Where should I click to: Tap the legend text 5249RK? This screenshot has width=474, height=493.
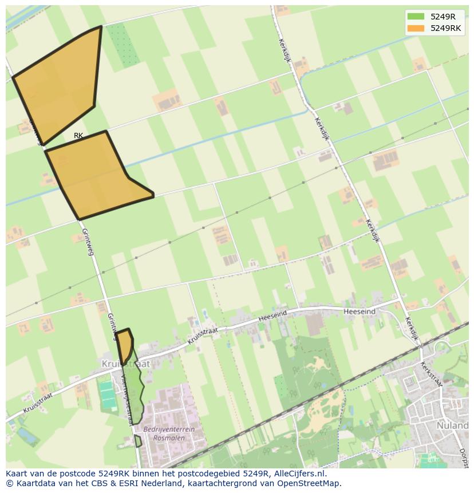[446, 28]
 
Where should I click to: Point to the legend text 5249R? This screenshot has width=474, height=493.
[443, 17]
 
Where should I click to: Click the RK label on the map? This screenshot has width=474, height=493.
[78, 136]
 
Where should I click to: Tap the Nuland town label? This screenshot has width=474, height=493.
[452, 425]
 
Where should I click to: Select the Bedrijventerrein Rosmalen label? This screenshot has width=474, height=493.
[169, 433]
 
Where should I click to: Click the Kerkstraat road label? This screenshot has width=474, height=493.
[430, 374]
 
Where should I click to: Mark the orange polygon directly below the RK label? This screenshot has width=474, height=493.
[94, 175]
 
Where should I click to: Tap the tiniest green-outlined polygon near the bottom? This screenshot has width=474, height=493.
[138, 441]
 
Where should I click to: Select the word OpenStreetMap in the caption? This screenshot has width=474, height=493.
[309, 483]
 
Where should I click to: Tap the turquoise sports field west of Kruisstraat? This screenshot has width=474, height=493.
[107, 395]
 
